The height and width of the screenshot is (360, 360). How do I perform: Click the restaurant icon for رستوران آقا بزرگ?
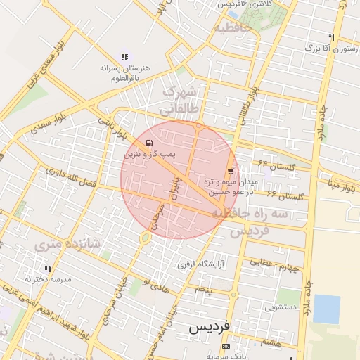(x=331, y=37)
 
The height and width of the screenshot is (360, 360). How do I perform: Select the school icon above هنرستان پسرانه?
(x=124, y=57)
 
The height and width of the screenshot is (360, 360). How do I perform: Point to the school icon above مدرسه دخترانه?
(x=48, y=269)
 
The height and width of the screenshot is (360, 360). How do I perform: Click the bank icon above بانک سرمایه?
(x=225, y=347)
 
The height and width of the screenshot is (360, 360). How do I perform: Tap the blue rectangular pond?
(x=326, y=309)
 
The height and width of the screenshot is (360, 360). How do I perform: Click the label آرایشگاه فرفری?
(x=200, y=265)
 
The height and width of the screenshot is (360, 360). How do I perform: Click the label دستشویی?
(x=269, y=307)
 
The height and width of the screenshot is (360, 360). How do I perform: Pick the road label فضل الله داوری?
(x=70, y=176)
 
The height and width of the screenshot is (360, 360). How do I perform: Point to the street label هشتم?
(x=270, y=342)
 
